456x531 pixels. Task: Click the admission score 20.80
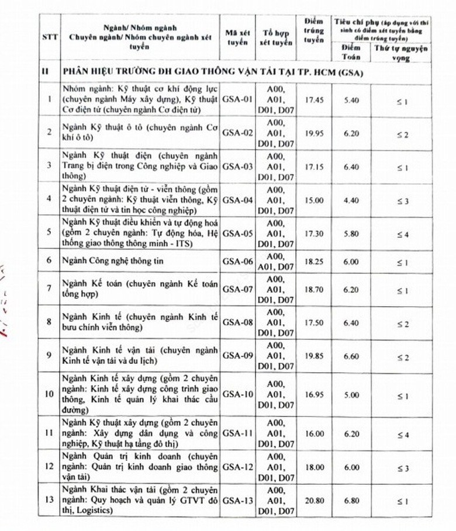[x=315, y=501]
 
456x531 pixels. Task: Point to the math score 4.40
[x=351, y=200]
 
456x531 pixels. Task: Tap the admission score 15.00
[x=315, y=200]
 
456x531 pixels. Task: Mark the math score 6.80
[x=351, y=501]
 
